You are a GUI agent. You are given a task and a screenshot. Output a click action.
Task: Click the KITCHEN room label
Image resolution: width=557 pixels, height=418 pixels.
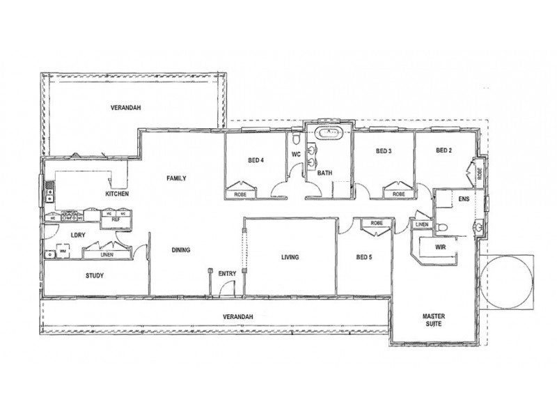[116, 194]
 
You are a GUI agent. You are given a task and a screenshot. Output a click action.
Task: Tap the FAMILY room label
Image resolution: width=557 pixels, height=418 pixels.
[175, 178]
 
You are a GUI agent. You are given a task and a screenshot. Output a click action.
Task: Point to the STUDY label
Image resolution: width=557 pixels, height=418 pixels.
[95, 276]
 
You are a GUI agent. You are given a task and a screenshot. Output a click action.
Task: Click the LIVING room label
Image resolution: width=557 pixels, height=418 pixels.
[290, 257]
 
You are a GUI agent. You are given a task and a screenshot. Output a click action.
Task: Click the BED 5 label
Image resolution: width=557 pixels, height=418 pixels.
[363, 257]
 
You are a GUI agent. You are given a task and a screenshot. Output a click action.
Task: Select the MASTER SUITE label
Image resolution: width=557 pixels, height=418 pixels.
[433, 320]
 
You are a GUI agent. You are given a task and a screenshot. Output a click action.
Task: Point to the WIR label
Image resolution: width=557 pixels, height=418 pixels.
[439, 247]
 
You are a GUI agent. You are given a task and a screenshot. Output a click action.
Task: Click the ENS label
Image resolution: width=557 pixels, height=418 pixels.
[464, 199]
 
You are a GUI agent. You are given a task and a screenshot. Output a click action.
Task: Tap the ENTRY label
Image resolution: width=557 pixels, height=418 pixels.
[227, 274]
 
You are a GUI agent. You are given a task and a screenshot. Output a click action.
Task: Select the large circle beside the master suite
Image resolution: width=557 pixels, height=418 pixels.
[506, 283]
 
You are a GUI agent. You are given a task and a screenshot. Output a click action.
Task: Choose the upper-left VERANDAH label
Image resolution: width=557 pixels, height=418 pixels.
[126, 108]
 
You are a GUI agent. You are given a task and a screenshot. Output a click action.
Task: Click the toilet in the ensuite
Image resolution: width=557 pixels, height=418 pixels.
[443, 226]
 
